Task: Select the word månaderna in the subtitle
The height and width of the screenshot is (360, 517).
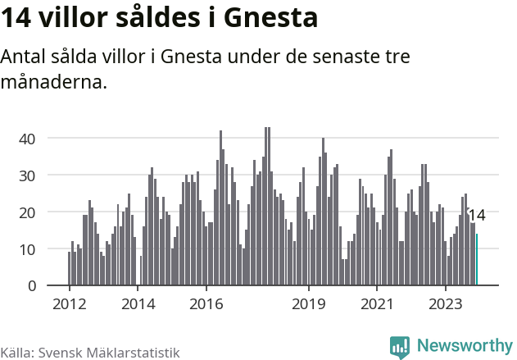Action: [54, 82]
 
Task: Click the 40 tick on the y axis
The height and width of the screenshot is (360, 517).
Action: [27, 138]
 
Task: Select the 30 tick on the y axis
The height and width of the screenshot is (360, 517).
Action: [27, 175]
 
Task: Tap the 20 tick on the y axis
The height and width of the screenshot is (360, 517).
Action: [27, 212]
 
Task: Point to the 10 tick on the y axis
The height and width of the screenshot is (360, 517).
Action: [27, 248]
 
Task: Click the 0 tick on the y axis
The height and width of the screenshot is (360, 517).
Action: [31, 285]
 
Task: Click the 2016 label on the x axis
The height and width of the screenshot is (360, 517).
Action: [206, 304]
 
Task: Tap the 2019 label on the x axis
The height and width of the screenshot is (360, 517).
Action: [309, 304]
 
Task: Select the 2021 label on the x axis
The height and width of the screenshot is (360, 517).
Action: [378, 304]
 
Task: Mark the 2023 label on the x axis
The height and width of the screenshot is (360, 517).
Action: [446, 304]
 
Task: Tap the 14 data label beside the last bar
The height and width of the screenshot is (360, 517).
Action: [477, 216]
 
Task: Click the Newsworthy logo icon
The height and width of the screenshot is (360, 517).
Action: [400, 347]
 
